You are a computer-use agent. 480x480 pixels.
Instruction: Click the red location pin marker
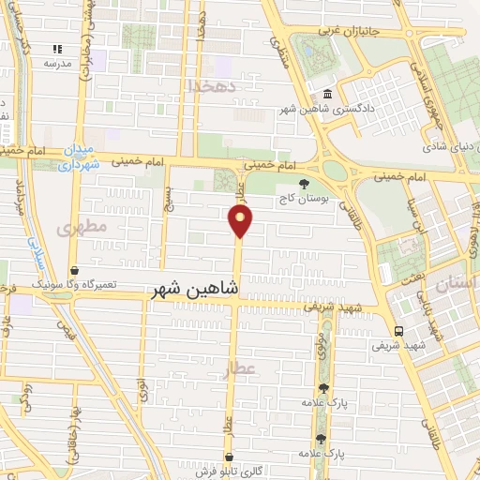tap(241, 221)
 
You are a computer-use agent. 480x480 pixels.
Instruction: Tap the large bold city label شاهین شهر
tap(195, 292)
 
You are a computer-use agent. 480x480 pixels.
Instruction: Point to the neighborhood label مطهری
tap(82, 227)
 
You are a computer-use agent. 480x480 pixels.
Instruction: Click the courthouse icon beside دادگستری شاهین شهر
tap(327, 95)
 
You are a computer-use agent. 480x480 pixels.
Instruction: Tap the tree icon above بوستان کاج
tap(303, 184)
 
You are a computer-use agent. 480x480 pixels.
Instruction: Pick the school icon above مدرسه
tap(57, 49)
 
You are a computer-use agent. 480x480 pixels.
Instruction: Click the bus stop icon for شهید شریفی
tap(399, 331)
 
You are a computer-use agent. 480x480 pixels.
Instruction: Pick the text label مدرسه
tap(57, 64)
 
